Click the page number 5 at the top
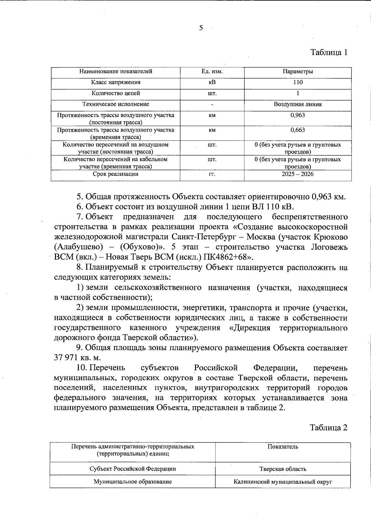201,28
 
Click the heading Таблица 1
329,52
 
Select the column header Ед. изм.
212,72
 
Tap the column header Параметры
298,72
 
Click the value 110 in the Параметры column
298,82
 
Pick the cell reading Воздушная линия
298,104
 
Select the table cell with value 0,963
298,115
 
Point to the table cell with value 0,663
298,130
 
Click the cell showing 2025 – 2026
298,174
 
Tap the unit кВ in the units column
212,82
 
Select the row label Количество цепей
116,93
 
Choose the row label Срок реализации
116,174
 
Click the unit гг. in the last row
212,174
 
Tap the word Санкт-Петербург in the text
202,237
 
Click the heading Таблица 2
329,428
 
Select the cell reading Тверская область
283,469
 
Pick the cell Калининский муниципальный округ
283,482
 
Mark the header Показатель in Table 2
283,447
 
